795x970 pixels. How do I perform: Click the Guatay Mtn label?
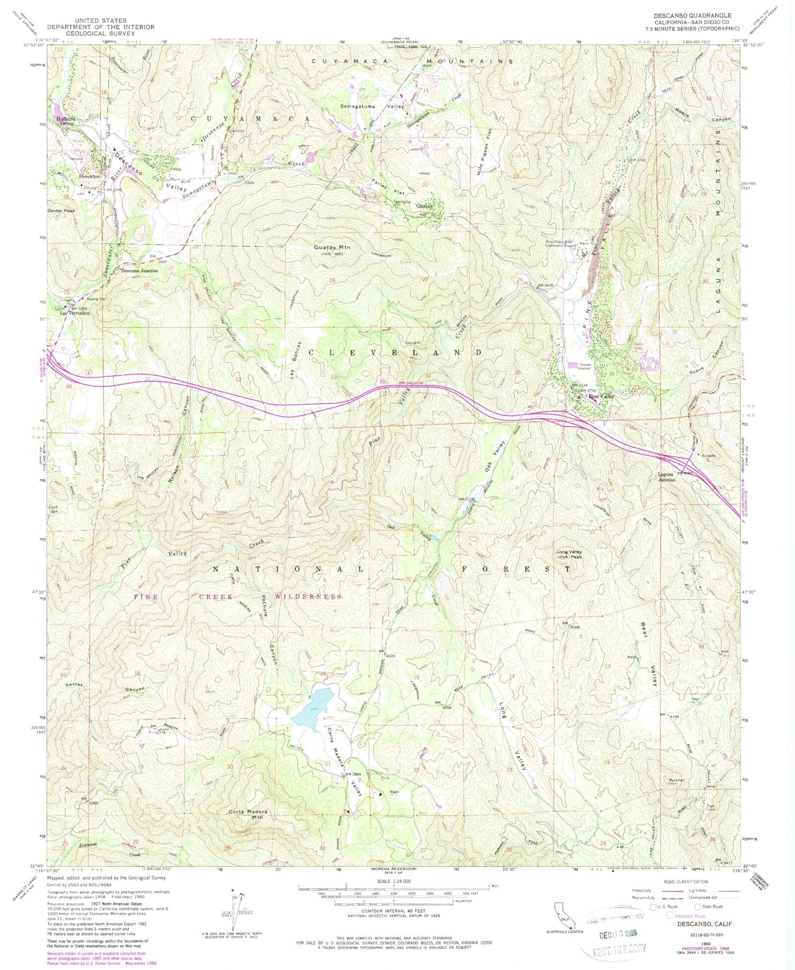tap(332, 248)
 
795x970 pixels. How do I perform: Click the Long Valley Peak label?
tap(568, 554)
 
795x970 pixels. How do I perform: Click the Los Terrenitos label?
tap(75, 313)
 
